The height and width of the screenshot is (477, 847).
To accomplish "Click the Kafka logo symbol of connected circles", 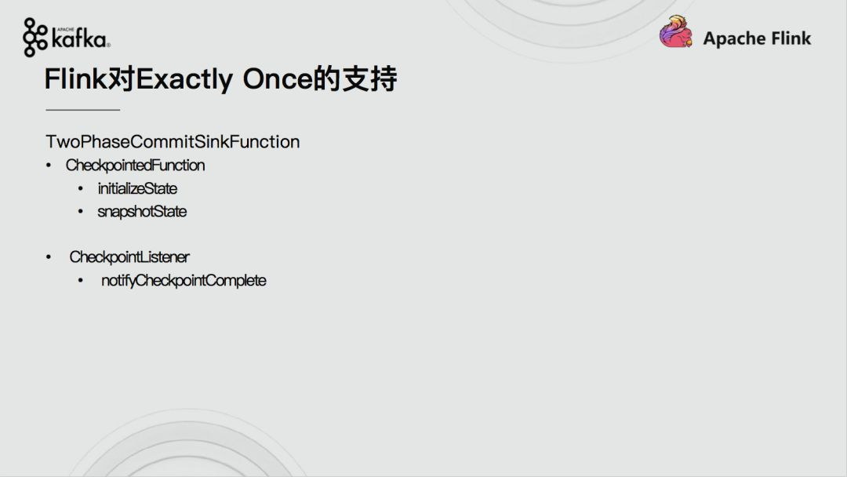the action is (35, 38).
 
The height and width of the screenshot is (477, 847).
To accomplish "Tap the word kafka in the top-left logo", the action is (80, 39).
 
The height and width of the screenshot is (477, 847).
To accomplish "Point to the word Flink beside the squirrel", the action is (791, 38).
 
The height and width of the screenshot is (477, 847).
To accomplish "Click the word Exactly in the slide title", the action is (184, 79).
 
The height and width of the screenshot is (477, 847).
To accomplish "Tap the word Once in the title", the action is (278, 79).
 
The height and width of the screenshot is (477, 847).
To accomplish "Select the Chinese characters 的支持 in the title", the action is (355, 79).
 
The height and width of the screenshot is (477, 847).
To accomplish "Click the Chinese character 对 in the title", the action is (122, 79).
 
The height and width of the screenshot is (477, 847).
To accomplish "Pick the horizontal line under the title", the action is (82, 110).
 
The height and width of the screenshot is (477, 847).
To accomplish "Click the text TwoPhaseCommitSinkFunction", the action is (173, 141).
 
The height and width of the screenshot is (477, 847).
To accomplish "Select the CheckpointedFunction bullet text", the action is (135, 166).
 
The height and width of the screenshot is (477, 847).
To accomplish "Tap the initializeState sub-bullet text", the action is (137, 188).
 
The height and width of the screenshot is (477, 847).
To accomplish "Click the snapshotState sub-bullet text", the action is (141, 211).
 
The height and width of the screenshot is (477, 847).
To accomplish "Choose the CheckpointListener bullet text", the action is (129, 257).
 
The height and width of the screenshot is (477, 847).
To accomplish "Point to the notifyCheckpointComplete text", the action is (184, 280).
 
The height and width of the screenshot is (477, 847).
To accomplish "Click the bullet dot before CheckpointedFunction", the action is (49, 166).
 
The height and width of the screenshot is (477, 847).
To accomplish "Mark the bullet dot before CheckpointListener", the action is (49, 257).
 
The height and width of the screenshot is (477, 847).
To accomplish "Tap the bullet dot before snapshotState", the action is (81, 211).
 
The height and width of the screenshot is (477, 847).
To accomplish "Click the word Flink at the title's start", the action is (76, 79).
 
